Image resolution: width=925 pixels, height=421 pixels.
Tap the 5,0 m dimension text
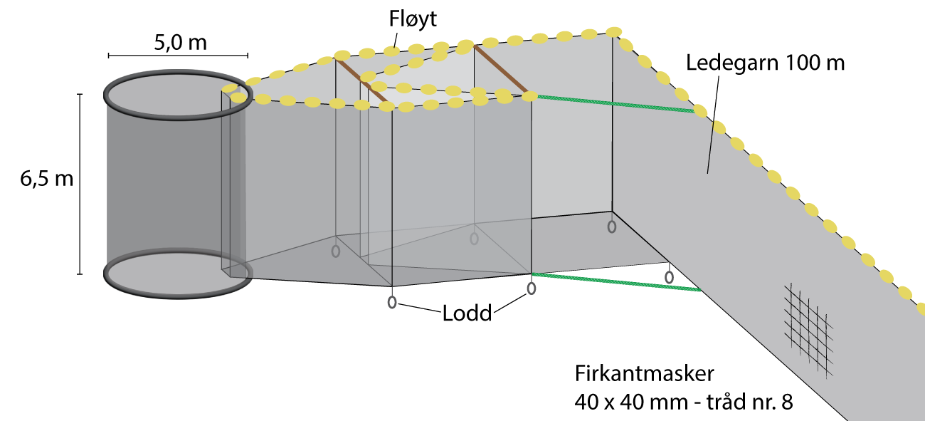coord(180,42)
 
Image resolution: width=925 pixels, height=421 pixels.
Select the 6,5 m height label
coord(47,178)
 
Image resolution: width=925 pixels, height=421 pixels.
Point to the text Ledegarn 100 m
coord(765,63)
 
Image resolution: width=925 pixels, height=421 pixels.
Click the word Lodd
coord(465,313)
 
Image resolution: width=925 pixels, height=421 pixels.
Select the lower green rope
coord(616,281)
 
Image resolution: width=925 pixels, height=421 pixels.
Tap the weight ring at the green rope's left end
coord(531,289)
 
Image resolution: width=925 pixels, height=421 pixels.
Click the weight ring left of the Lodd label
coord(392,302)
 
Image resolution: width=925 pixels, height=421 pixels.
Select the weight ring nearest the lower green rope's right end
coord(669,276)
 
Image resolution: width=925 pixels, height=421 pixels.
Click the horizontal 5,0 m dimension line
coord(177,55)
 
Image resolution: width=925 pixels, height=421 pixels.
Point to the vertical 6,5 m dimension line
coord(80,183)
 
